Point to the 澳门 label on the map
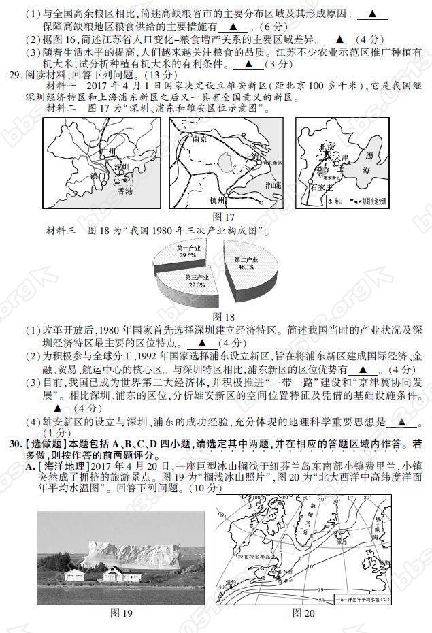point(99,176)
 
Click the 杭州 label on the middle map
point(217,200)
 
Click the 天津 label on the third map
point(340,157)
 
